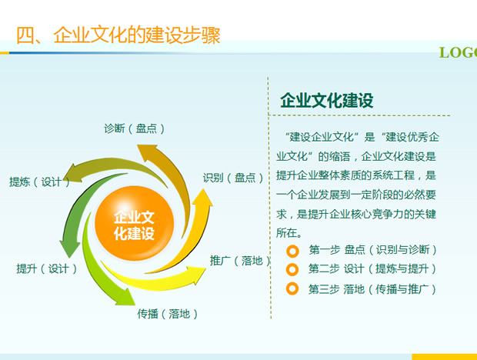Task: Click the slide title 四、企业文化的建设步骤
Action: pos(118,35)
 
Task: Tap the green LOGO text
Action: pos(458,52)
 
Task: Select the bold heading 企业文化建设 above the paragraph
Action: pos(327,100)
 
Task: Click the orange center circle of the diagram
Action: pos(134,224)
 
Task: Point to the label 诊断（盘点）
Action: pos(135,128)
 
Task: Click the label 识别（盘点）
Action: pos(233,178)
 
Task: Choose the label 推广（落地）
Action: pos(240,261)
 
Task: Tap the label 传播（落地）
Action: pos(167,314)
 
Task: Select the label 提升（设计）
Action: pos(46,268)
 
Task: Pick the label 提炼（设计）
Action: pos(39,182)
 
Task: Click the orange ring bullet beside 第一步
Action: pos(292,251)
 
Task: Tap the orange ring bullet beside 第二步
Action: pos(292,269)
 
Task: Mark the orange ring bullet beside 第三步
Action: pos(292,288)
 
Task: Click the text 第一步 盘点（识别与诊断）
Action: pos(373,250)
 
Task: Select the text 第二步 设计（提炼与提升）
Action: pos(372,268)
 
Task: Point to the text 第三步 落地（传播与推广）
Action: pos(372,289)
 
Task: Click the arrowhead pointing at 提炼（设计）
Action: pos(74,174)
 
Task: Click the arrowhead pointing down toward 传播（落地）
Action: pos(125,297)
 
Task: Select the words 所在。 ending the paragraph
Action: pos(289,233)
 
